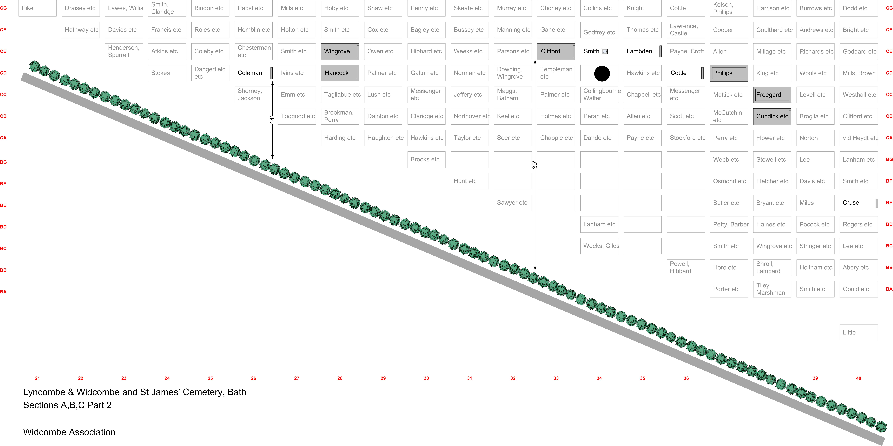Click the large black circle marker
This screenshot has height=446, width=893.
pyautogui.click(x=602, y=74)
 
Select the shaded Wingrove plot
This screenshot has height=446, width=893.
pyautogui.click(x=340, y=51)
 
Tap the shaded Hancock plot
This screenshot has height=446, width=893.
pyautogui.click(x=340, y=73)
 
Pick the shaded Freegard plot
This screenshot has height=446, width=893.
pyautogui.click(x=772, y=95)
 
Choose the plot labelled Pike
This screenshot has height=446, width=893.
pyautogui.click(x=37, y=8)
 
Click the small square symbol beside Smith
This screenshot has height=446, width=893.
pyautogui.click(x=605, y=51)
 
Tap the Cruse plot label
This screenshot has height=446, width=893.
pyautogui.click(x=851, y=203)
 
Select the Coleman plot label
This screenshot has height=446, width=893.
pyautogui.click(x=250, y=73)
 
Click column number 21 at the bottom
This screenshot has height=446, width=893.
pyautogui.click(x=37, y=378)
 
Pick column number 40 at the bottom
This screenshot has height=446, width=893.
pyautogui.click(x=858, y=378)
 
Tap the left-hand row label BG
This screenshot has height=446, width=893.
pyautogui.click(x=3, y=162)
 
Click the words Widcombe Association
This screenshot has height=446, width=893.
pyautogui.click(x=69, y=432)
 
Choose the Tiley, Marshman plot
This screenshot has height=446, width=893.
pyautogui.click(x=772, y=289)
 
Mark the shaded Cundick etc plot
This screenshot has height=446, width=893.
pyautogui.click(x=772, y=116)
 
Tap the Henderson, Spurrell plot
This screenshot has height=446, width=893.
pyautogui.click(x=124, y=51)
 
